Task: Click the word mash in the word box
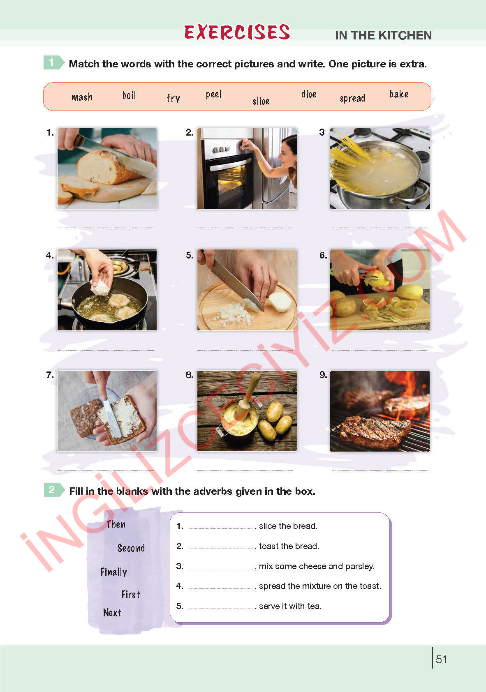point(82,97)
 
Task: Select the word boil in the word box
point(129,95)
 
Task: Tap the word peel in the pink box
point(214,94)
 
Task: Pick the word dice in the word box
point(309,94)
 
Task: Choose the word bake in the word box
point(399,94)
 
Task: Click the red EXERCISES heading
point(237,32)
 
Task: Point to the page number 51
point(441,660)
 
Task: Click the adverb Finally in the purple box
point(114,572)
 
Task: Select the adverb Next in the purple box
point(112,612)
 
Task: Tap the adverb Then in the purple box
point(116,524)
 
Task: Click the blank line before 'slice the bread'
point(221,528)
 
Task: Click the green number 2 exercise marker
point(53,489)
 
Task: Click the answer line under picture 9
point(380,471)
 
